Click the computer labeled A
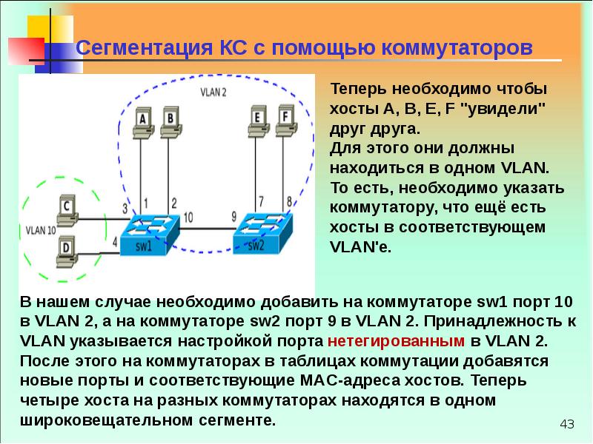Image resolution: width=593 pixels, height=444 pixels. click(x=143, y=124)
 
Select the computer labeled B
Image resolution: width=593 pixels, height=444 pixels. click(x=171, y=123)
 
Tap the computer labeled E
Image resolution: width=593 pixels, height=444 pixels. click(x=258, y=121)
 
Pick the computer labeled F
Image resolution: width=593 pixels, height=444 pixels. click(x=286, y=121)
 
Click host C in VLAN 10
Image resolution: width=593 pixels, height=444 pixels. click(x=67, y=211)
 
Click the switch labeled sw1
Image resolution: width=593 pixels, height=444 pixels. click(x=150, y=234)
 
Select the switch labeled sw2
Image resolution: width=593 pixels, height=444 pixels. click(x=262, y=233)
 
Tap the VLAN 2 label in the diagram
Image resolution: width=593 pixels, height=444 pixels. click(x=213, y=92)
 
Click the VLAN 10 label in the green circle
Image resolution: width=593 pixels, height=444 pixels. click(x=41, y=230)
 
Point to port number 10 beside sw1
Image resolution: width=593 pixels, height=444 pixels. click(x=188, y=217)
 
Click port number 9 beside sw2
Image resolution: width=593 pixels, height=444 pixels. click(x=234, y=216)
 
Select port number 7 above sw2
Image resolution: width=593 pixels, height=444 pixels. click(x=261, y=201)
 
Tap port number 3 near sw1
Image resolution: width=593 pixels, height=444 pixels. click(x=125, y=209)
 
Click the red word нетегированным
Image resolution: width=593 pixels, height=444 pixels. click(x=396, y=340)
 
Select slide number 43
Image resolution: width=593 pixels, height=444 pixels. click(x=567, y=424)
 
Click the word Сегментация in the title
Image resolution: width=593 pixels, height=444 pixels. click(x=144, y=48)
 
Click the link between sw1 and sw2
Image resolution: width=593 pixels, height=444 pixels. click(x=207, y=229)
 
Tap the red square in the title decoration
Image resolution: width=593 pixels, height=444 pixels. click(x=26, y=50)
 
